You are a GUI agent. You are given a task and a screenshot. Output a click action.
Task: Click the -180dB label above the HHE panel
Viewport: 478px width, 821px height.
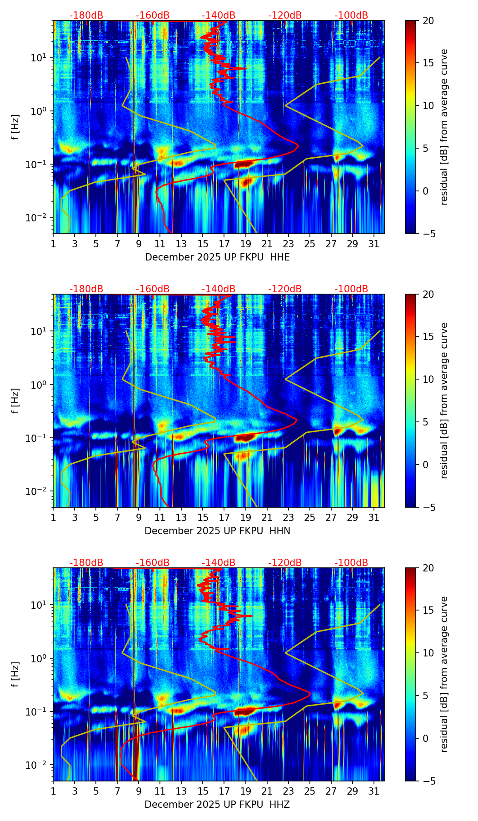coord(86,15)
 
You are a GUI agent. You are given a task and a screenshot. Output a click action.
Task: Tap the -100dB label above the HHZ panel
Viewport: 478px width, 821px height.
coord(351,563)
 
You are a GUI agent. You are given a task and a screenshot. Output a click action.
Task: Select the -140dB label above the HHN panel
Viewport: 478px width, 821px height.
coord(219,289)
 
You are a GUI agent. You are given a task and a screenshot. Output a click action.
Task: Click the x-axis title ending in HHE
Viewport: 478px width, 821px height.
coord(217,257)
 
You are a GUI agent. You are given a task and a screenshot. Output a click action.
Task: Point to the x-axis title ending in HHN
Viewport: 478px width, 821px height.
coord(217,531)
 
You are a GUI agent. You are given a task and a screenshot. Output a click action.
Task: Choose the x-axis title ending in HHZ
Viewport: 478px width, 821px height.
coord(217,805)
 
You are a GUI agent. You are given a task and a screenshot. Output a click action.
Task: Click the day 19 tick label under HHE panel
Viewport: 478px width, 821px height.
coord(245,244)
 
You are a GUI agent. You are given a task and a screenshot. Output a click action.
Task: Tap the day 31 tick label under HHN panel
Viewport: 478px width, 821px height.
coord(373,517)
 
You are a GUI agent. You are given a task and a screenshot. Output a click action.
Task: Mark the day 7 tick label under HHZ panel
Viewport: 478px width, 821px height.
coord(117,791)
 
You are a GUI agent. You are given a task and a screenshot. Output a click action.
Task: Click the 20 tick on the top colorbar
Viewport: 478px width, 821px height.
coord(428,21)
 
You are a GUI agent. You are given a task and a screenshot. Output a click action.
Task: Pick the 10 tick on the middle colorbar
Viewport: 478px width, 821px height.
coord(428,379)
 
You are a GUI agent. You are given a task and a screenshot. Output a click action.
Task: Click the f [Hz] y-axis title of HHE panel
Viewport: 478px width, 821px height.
coord(16,127)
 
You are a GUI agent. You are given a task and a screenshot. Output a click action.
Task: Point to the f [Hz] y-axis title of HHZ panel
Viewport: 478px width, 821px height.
coord(16,675)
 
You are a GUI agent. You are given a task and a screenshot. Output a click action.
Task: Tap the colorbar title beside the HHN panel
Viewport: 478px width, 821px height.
coord(444,400)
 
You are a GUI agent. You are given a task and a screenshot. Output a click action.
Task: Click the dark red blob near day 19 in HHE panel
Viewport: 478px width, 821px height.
coord(244,164)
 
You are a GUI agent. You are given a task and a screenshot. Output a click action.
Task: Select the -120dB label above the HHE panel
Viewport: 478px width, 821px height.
coord(285,15)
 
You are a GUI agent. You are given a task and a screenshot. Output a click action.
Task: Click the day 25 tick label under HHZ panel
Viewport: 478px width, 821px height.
coord(309,791)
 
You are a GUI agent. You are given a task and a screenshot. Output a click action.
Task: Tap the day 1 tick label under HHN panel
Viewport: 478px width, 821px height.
coord(53,517)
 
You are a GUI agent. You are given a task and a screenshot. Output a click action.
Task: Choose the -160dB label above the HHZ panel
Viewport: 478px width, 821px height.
coord(153,563)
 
